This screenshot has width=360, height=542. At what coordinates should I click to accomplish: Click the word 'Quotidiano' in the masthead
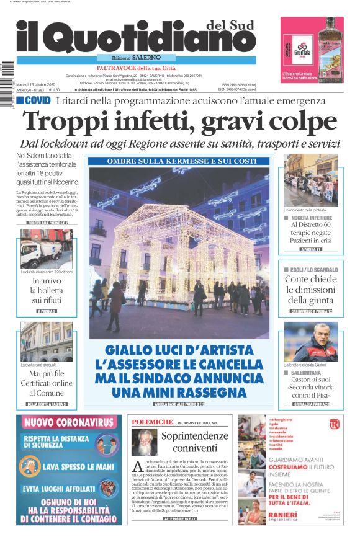pyautogui.click(x=150, y=38)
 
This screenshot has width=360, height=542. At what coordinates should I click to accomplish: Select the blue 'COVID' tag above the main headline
pyautogui.click(x=34, y=100)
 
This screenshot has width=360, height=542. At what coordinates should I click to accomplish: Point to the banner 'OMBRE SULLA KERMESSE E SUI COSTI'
pyautogui.click(x=179, y=161)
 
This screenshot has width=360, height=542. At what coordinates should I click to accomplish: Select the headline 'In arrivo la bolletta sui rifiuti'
pyautogui.click(x=47, y=291)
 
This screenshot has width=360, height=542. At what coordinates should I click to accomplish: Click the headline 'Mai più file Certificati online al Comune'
pyautogui.click(x=47, y=383)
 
